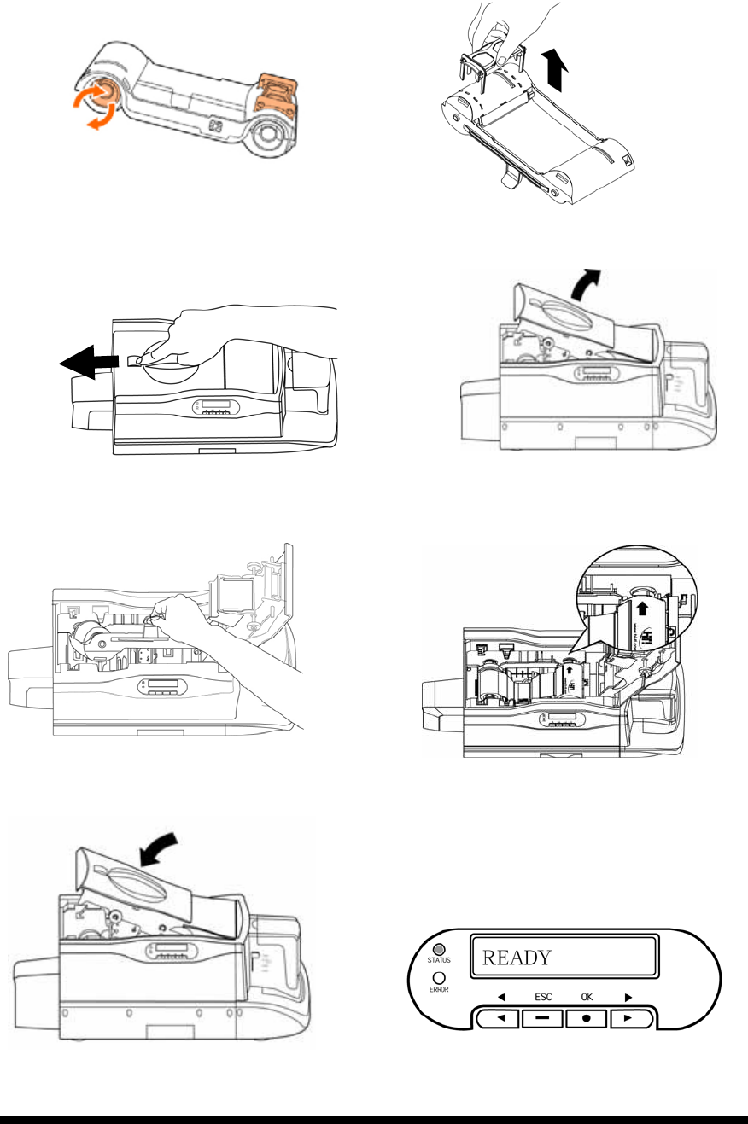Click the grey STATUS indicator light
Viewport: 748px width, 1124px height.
[439, 950]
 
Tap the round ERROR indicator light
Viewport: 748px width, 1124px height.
[439, 978]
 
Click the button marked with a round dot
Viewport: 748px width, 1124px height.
[587, 1018]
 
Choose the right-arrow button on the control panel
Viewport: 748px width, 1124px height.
[632, 1018]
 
